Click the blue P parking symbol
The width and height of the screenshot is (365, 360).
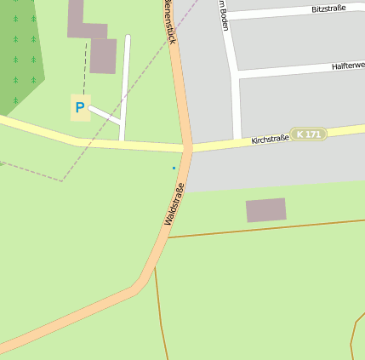(x=80, y=108)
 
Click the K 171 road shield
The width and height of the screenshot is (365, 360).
(x=308, y=134)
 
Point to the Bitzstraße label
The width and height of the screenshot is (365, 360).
(x=329, y=9)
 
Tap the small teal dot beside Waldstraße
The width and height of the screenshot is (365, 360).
(x=174, y=168)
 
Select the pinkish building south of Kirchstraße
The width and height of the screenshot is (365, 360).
(x=266, y=210)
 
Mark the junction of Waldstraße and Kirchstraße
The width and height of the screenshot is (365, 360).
(x=186, y=148)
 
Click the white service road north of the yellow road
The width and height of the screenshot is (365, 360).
(x=126, y=85)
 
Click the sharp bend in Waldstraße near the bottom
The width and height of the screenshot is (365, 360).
(x=139, y=285)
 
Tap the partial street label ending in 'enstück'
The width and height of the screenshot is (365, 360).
(x=169, y=21)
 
